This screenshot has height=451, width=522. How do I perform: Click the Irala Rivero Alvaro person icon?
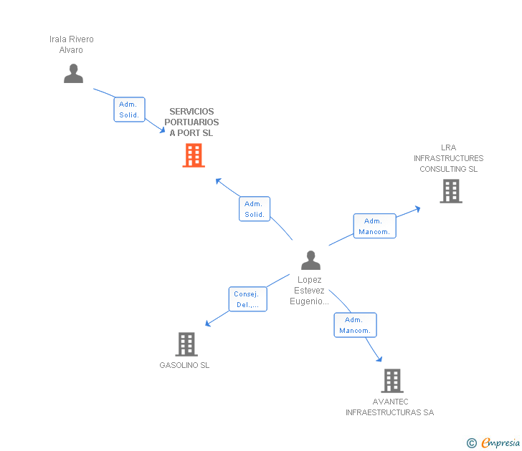pyautogui.click(x=73, y=73)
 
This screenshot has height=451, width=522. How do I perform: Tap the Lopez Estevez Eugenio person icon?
pyautogui.click(x=310, y=260)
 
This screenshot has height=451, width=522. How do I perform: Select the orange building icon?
pyautogui.click(x=194, y=155)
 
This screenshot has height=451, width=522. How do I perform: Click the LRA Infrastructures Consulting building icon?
pyautogui.click(x=450, y=191)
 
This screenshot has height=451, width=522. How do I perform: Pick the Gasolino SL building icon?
pyautogui.click(x=186, y=344)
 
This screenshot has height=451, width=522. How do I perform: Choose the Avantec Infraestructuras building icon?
pyautogui.click(x=391, y=381)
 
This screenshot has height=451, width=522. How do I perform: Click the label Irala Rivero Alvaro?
pyautogui.click(x=71, y=44)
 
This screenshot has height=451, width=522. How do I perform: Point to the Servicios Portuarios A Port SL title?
pyautogui.click(x=191, y=122)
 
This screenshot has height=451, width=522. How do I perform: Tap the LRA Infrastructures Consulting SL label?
pyautogui.click(x=448, y=158)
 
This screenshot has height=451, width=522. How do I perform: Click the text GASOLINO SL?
pyautogui.click(x=184, y=365)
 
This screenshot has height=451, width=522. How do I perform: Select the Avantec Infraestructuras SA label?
pyautogui.click(x=389, y=407)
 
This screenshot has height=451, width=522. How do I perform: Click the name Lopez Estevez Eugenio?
pyautogui.click(x=309, y=291)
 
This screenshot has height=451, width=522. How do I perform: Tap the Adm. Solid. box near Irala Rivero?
pyautogui.click(x=129, y=110)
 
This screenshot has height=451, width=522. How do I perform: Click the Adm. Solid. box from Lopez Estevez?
pyautogui.click(x=255, y=209)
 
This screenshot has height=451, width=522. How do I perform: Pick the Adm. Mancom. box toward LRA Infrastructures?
pyautogui.click(x=374, y=226)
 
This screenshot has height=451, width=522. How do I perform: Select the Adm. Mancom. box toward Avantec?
pyautogui.click(x=355, y=325)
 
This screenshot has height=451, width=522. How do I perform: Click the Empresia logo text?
pyautogui.click(x=500, y=442)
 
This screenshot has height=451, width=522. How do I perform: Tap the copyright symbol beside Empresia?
pyautogui.click(x=471, y=443)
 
